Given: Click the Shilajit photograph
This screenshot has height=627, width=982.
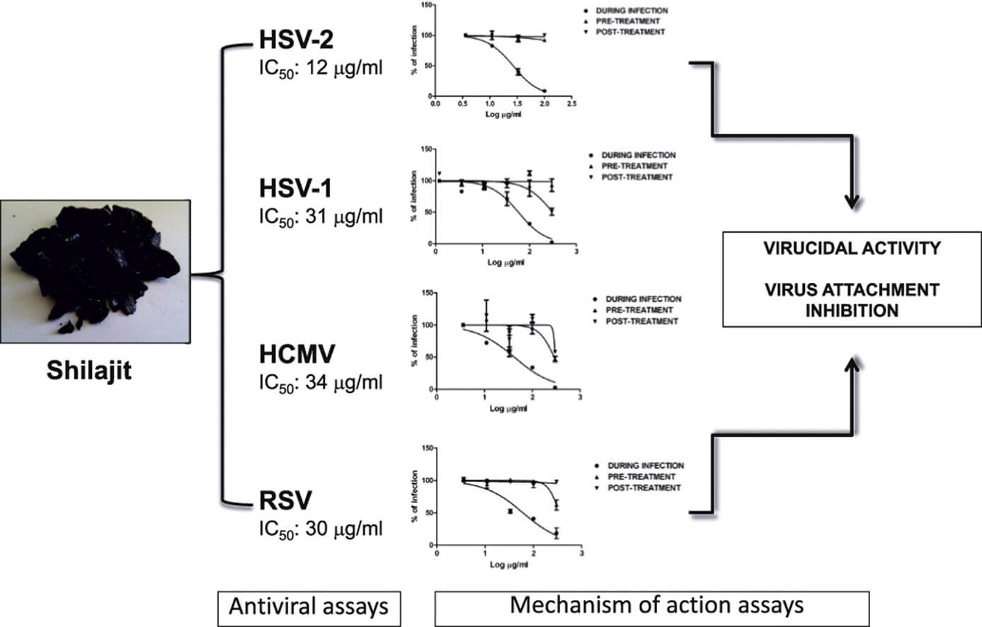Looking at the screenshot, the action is tap(95, 272).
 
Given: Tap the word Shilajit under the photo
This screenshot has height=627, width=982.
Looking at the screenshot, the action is tap(89, 371).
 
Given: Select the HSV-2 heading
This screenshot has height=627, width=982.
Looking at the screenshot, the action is tap(297, 40).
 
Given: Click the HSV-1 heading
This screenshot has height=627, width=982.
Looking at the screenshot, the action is tap(295, 188).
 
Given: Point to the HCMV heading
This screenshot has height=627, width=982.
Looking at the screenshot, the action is tap(297, 354).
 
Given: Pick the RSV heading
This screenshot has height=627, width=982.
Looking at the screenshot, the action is tap(285, 500).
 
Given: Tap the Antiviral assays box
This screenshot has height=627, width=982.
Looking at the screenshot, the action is tap(309, 608).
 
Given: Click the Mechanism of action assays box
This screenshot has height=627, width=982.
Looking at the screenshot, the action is tap(652, 608).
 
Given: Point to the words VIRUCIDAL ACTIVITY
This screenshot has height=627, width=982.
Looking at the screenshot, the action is tap(852, 248).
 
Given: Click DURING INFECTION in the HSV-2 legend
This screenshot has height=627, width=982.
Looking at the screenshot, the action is tap(632, 11).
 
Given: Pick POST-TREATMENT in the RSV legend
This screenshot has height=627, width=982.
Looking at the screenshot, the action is tap(644, 488).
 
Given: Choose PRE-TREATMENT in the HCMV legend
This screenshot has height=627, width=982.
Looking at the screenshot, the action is tap(639, 310).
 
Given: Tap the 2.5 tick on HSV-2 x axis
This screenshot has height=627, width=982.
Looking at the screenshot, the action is tap(571, 104).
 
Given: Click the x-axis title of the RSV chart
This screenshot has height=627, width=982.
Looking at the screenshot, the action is tap(509, 565).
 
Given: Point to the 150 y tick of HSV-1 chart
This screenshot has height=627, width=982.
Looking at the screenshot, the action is tap(426, 149).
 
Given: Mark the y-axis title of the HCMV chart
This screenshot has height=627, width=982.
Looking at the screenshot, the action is tap(414, 341).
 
